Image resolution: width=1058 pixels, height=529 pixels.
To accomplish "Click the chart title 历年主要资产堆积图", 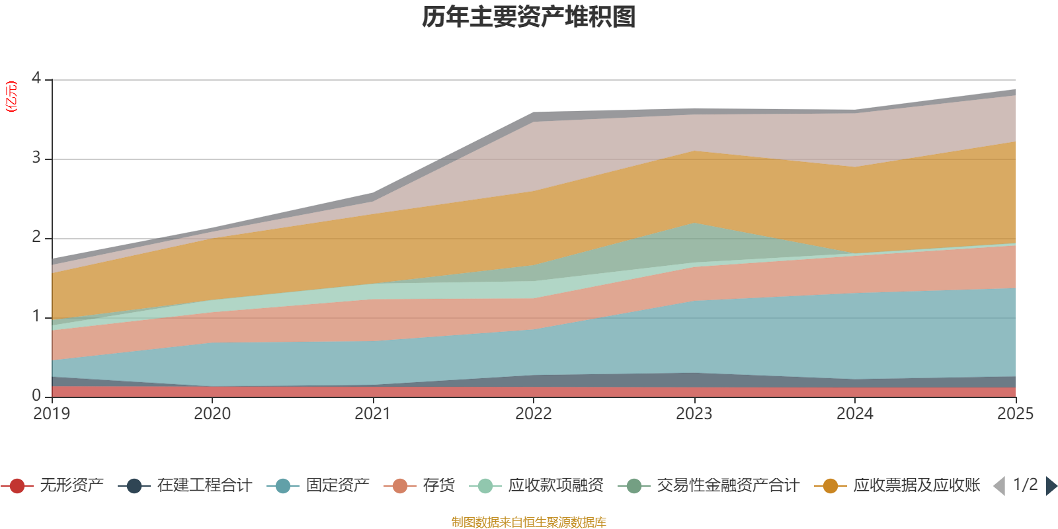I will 529,17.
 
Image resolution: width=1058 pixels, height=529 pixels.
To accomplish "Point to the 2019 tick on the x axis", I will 52,414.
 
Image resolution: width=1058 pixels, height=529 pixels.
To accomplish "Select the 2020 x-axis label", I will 212,414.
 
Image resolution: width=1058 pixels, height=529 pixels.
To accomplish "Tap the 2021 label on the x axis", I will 373,414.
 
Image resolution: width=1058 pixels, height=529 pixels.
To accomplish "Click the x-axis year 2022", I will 534,414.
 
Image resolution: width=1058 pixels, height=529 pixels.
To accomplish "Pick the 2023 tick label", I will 694,414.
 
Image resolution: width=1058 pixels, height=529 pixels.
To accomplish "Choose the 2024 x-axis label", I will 855,414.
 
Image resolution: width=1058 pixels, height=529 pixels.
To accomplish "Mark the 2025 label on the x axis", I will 1015,414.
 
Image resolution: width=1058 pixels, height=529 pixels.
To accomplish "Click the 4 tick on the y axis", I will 36,79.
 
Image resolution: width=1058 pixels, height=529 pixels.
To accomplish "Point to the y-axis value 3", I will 36,158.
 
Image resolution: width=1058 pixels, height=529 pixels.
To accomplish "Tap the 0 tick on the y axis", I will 36,395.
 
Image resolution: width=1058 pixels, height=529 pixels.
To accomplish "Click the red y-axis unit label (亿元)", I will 11,97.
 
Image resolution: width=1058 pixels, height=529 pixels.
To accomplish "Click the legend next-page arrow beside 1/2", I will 1051,486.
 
